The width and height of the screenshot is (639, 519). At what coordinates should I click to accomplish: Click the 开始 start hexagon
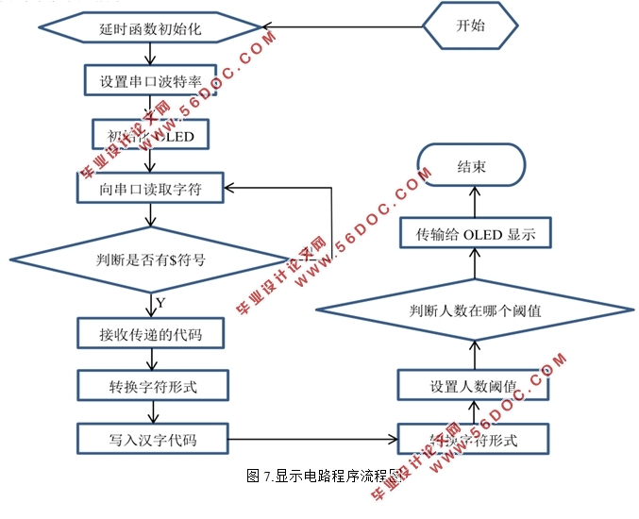[x=469, y=25]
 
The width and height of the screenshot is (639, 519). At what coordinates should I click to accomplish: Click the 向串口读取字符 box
[x=150, y=189]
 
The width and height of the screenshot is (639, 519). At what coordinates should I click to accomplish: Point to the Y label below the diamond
[x=160, y=303]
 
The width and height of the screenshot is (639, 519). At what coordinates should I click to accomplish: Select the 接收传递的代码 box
[x=150, y=333]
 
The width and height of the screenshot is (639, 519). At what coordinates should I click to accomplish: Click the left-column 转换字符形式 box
[x=150, y=385]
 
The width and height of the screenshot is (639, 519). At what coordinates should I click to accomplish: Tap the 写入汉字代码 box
[x=150, y=438]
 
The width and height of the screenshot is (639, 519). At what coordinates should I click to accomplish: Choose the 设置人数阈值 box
[x=473, y=387]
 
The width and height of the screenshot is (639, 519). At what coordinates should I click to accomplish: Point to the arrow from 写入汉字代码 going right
[x=311, y=439]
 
